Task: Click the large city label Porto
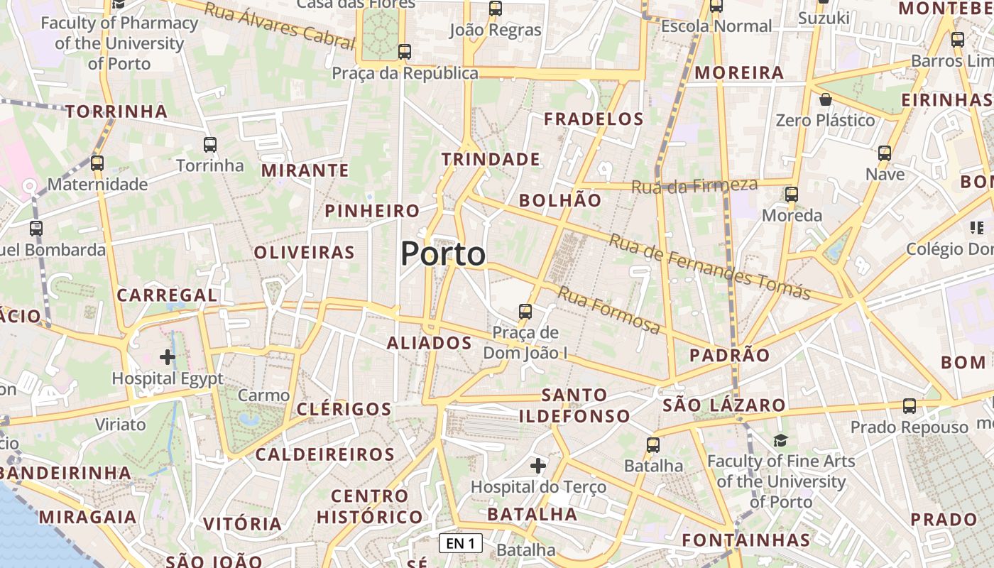[443, 254]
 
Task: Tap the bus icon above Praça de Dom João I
[525, 311]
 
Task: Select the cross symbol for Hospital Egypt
[168, 356]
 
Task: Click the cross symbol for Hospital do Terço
[538, 466]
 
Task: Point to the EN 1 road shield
[461, 544]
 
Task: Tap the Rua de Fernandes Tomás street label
[709, 267]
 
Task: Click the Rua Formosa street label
[609, 310]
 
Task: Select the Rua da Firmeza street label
[694, 186]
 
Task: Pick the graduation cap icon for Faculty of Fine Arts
[780, 440]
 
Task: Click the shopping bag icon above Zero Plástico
[825, 99]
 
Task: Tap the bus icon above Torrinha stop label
[210, 145]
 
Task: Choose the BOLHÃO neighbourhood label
[560, 200]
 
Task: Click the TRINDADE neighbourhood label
[491, 159]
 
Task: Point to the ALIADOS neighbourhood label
[430, 343]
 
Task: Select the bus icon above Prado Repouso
[910, 406]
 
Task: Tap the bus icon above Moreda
[792, 194]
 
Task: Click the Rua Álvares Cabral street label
[278, 26]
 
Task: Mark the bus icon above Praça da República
[405, 51]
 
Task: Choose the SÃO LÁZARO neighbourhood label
[724, 405]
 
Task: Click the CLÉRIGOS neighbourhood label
[344, 409]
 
